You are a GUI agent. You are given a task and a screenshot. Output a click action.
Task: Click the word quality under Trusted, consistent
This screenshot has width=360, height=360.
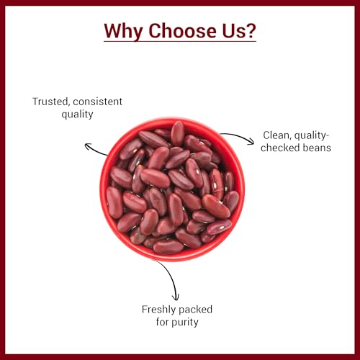tap(77, 114)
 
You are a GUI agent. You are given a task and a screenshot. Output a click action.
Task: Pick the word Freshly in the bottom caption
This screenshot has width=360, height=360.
tap(161, 310)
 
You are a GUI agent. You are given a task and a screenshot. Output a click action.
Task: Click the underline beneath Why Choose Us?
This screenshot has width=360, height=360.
tap(180, 42)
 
